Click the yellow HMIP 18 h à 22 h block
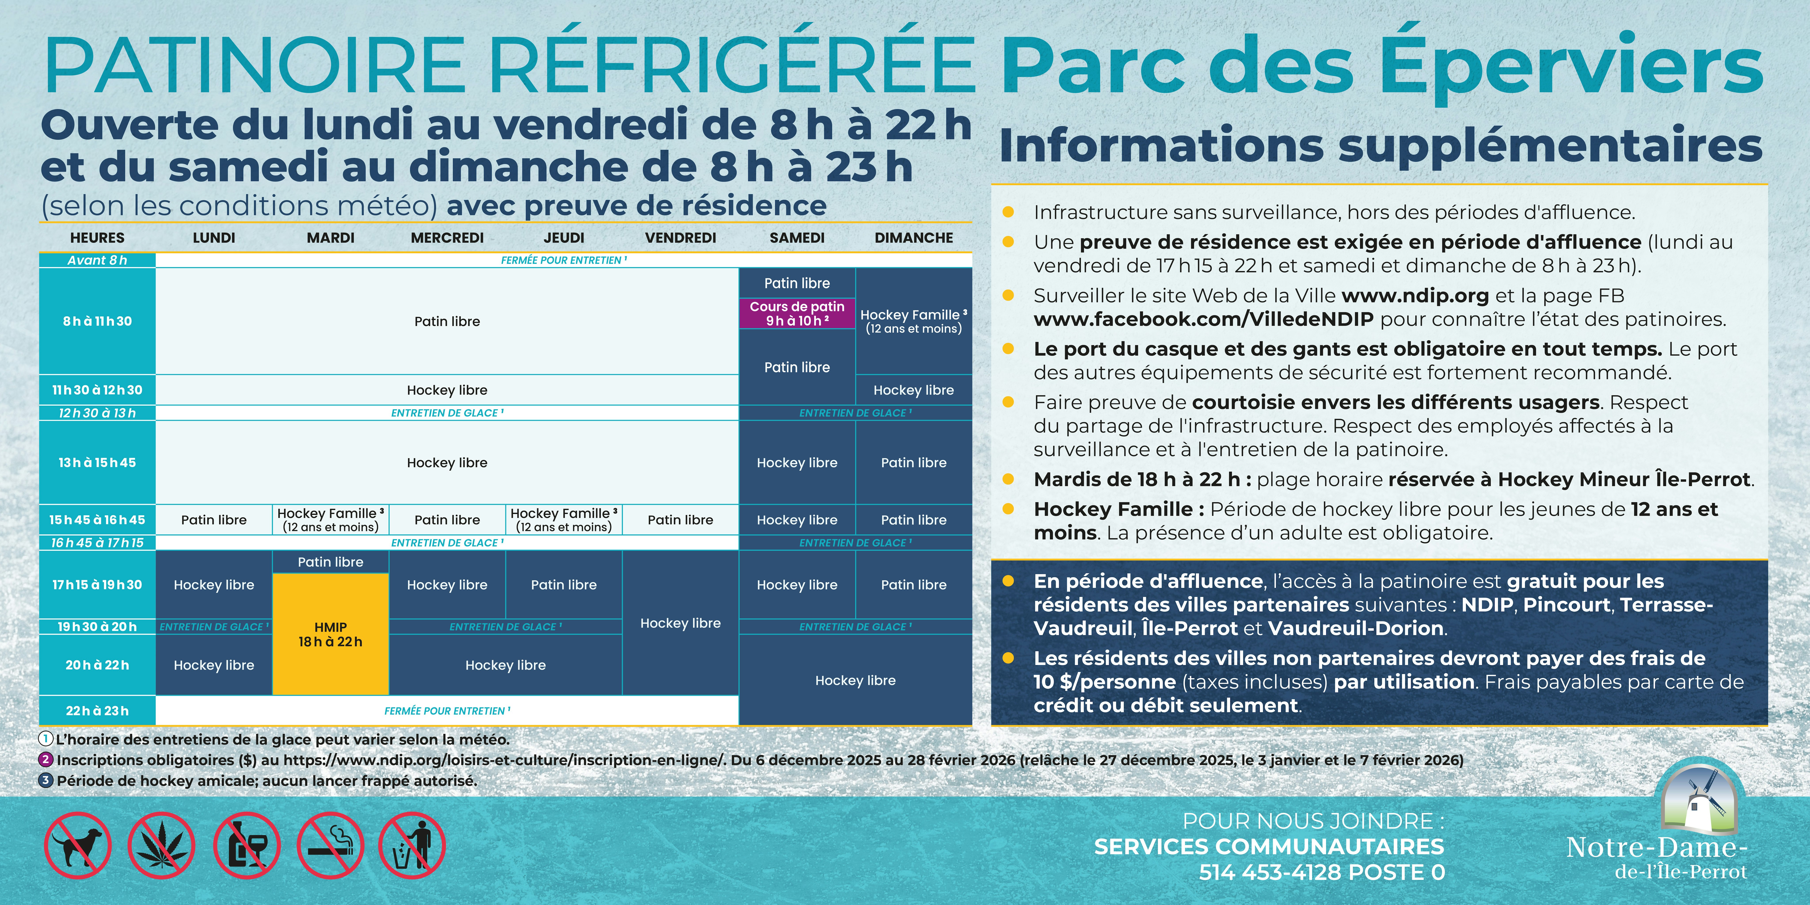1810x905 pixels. pos(330,634)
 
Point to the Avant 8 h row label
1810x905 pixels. pos(97,260)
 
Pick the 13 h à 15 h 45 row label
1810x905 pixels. pos(97,462)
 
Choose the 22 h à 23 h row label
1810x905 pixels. pos(97,710)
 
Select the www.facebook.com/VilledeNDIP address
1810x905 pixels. pos(1203,319)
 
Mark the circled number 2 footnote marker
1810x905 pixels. pos(46,760)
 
